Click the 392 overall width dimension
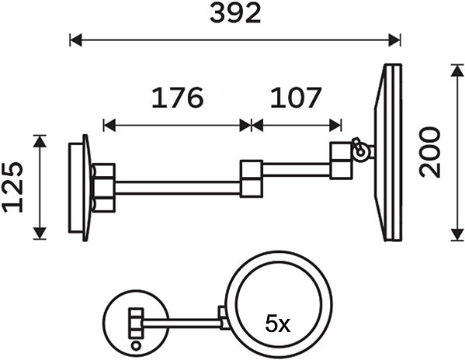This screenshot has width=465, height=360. [x=235, y=14]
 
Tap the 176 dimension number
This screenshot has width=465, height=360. [x=178, y=97]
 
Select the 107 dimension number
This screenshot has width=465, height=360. [x=296, y=97]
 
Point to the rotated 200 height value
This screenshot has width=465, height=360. [x=430, y=152]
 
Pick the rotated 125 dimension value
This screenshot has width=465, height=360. [x=12, y=187]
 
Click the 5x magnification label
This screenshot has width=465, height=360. [x=278, y=324]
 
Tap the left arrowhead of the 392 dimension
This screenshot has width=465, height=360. [x=76, y=40]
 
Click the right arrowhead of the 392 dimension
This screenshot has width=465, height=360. [x=394, y=40]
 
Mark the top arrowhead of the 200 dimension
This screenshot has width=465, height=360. [x=457, y=71]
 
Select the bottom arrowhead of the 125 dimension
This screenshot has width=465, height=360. [x=40, y=234]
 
